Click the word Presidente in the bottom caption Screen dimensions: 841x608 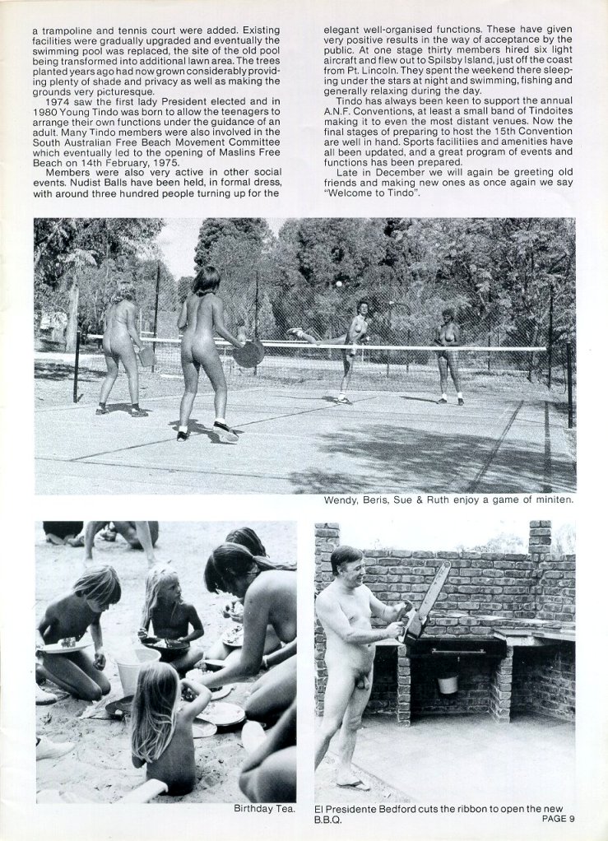pos(359,809)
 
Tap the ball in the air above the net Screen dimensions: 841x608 pos(338,283)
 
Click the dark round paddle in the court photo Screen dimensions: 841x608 pos(248,354)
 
